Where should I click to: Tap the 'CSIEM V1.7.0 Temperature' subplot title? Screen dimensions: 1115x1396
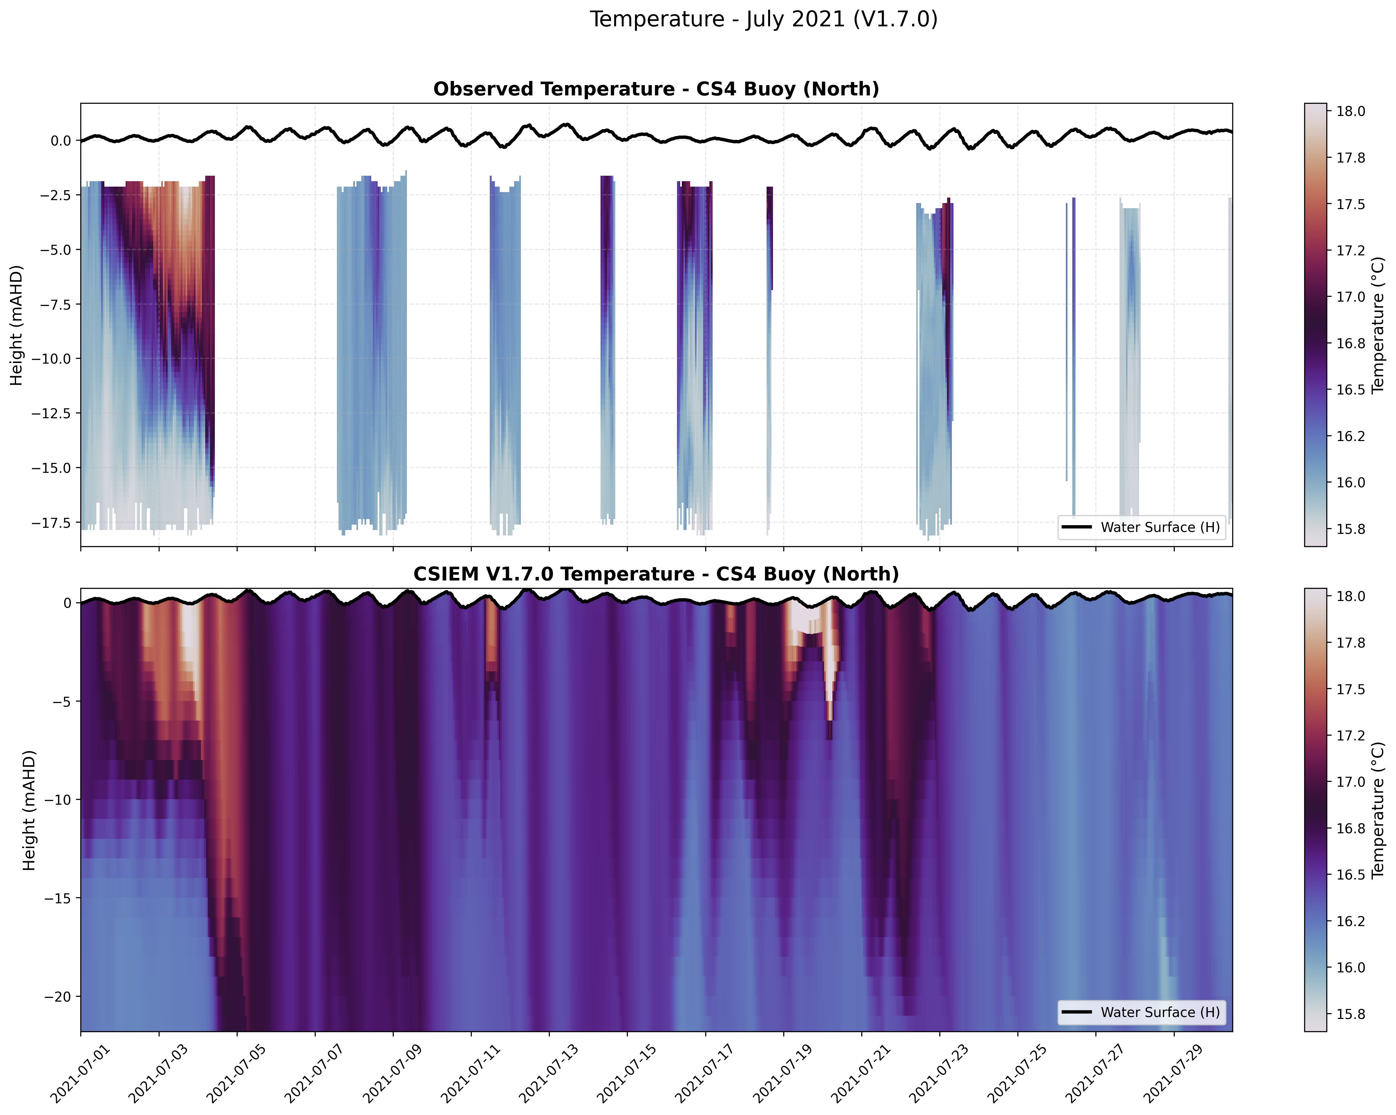(x=656, y=574)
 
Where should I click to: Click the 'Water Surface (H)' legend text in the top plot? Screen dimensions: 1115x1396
(x=1160, y=527)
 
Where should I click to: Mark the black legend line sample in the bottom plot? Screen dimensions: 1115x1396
(x=1077, y=1012)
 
